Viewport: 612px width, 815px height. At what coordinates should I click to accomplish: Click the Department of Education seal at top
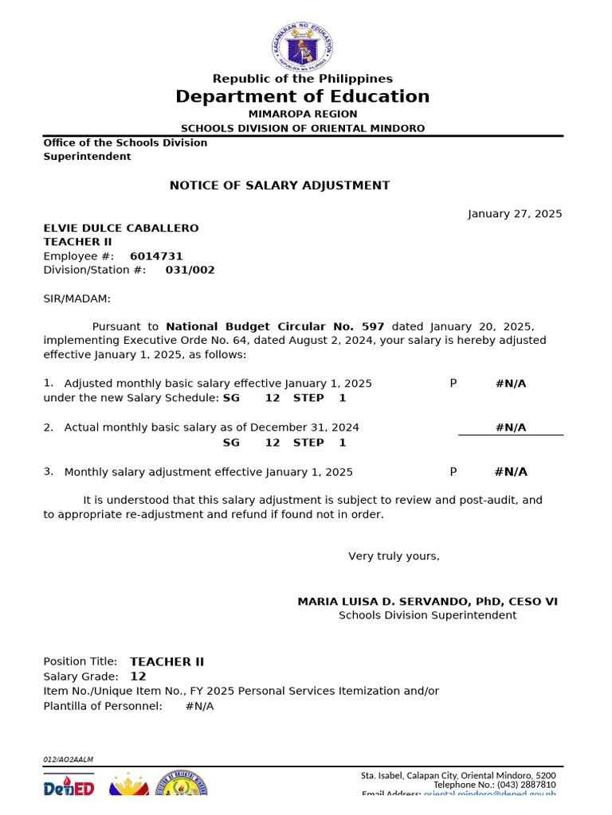302,45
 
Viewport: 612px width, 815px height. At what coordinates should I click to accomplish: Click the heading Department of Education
302,97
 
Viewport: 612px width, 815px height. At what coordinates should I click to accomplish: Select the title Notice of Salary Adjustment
280,185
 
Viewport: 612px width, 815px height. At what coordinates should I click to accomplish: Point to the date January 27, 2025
514,214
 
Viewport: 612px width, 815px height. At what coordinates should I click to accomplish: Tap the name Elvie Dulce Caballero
121,228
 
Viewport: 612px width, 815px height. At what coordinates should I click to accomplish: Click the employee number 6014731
156,256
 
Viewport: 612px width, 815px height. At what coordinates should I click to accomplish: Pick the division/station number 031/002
190,270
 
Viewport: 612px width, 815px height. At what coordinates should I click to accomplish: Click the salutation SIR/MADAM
77,298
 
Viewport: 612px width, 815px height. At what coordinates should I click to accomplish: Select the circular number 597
373,326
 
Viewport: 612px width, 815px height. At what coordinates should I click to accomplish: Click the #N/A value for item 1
511,384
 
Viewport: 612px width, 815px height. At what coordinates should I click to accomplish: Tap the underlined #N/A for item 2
511,427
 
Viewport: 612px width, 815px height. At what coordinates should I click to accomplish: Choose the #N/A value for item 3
511,472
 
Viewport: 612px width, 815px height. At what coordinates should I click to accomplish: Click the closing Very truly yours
394,556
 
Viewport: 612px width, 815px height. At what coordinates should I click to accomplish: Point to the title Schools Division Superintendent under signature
427,615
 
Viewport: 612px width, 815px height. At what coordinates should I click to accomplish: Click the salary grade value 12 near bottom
138,677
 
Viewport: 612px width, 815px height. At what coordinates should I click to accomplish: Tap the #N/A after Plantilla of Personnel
199,706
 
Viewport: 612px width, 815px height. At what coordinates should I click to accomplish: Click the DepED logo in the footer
69,787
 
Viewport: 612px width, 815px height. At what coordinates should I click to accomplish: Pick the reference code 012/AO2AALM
68,759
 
